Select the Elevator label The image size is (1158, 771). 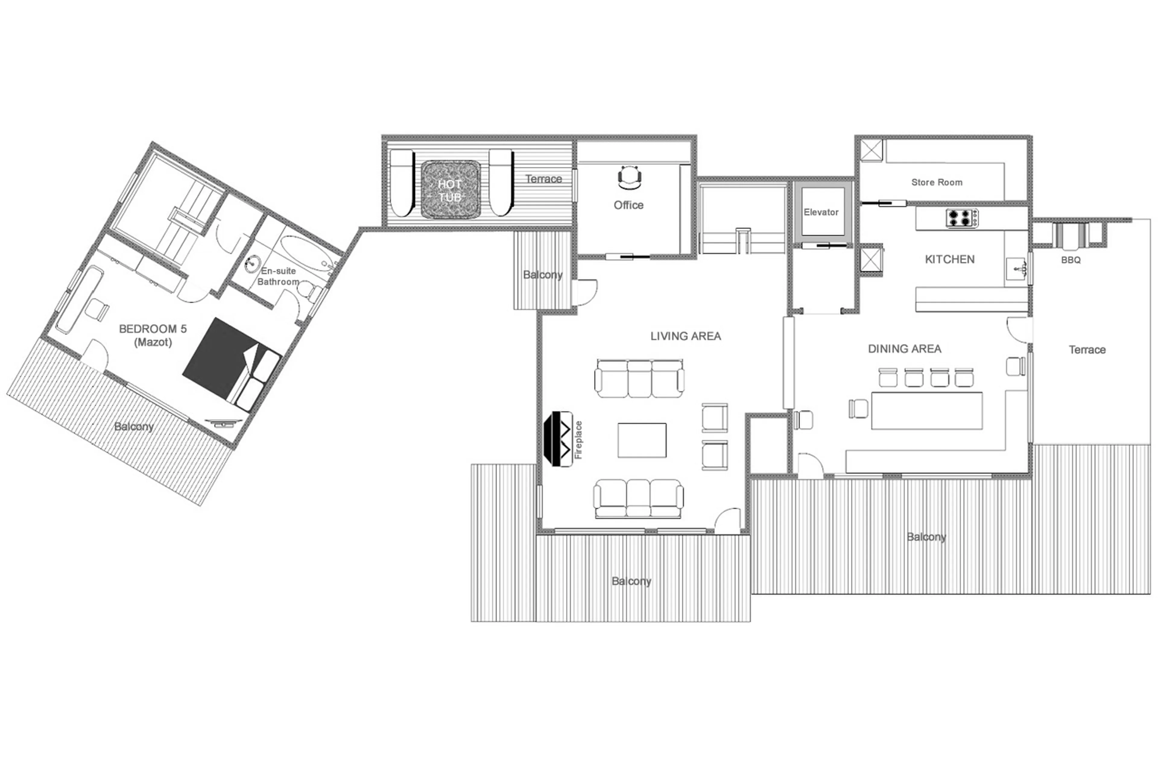click(x=821, y=212)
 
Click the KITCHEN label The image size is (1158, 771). click(x=949, y=259)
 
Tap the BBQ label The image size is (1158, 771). click(x=1071, y=260)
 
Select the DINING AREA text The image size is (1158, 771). click(x=904, y=349)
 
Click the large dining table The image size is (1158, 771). click(x=926, y=411)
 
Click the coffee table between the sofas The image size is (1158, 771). click(x=642, y=440)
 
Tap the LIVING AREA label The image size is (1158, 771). click(x=685, y=336)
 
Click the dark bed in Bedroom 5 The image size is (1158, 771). click(x=221, y=359)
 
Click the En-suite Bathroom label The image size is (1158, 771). click(x=278, y=276)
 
